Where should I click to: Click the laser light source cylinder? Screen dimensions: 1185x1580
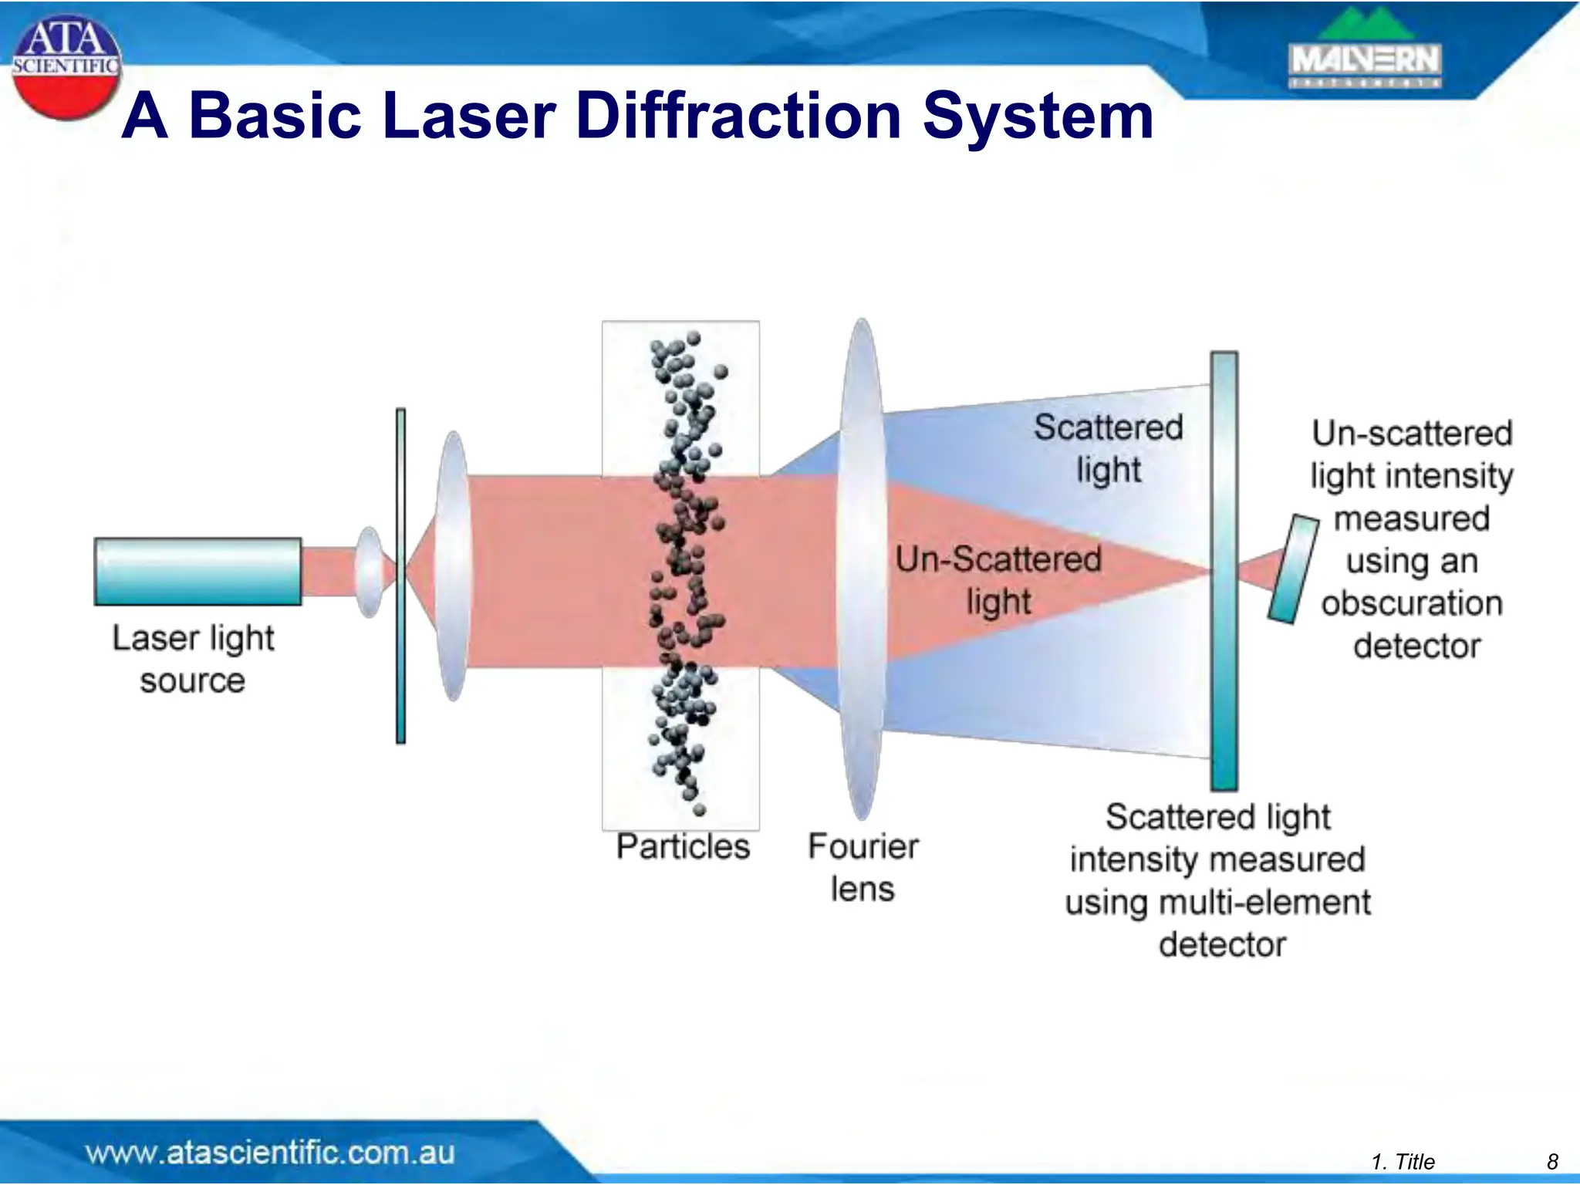(197, 572)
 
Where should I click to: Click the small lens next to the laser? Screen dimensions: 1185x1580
(370, 572)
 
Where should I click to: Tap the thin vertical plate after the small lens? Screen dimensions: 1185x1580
(400, 576)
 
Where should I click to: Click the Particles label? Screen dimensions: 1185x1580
(683, 847)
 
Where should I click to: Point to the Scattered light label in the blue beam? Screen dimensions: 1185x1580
(1108, 448)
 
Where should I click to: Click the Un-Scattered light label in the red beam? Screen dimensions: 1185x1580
(998, 580)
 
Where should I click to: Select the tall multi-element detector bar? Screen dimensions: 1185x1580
(1224, 571)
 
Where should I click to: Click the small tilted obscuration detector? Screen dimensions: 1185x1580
(1294, 569)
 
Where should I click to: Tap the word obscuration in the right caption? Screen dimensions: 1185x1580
(1412, 603)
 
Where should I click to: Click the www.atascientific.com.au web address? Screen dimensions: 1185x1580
(270, 1153)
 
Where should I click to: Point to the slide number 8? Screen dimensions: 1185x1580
(1552, 1162)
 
